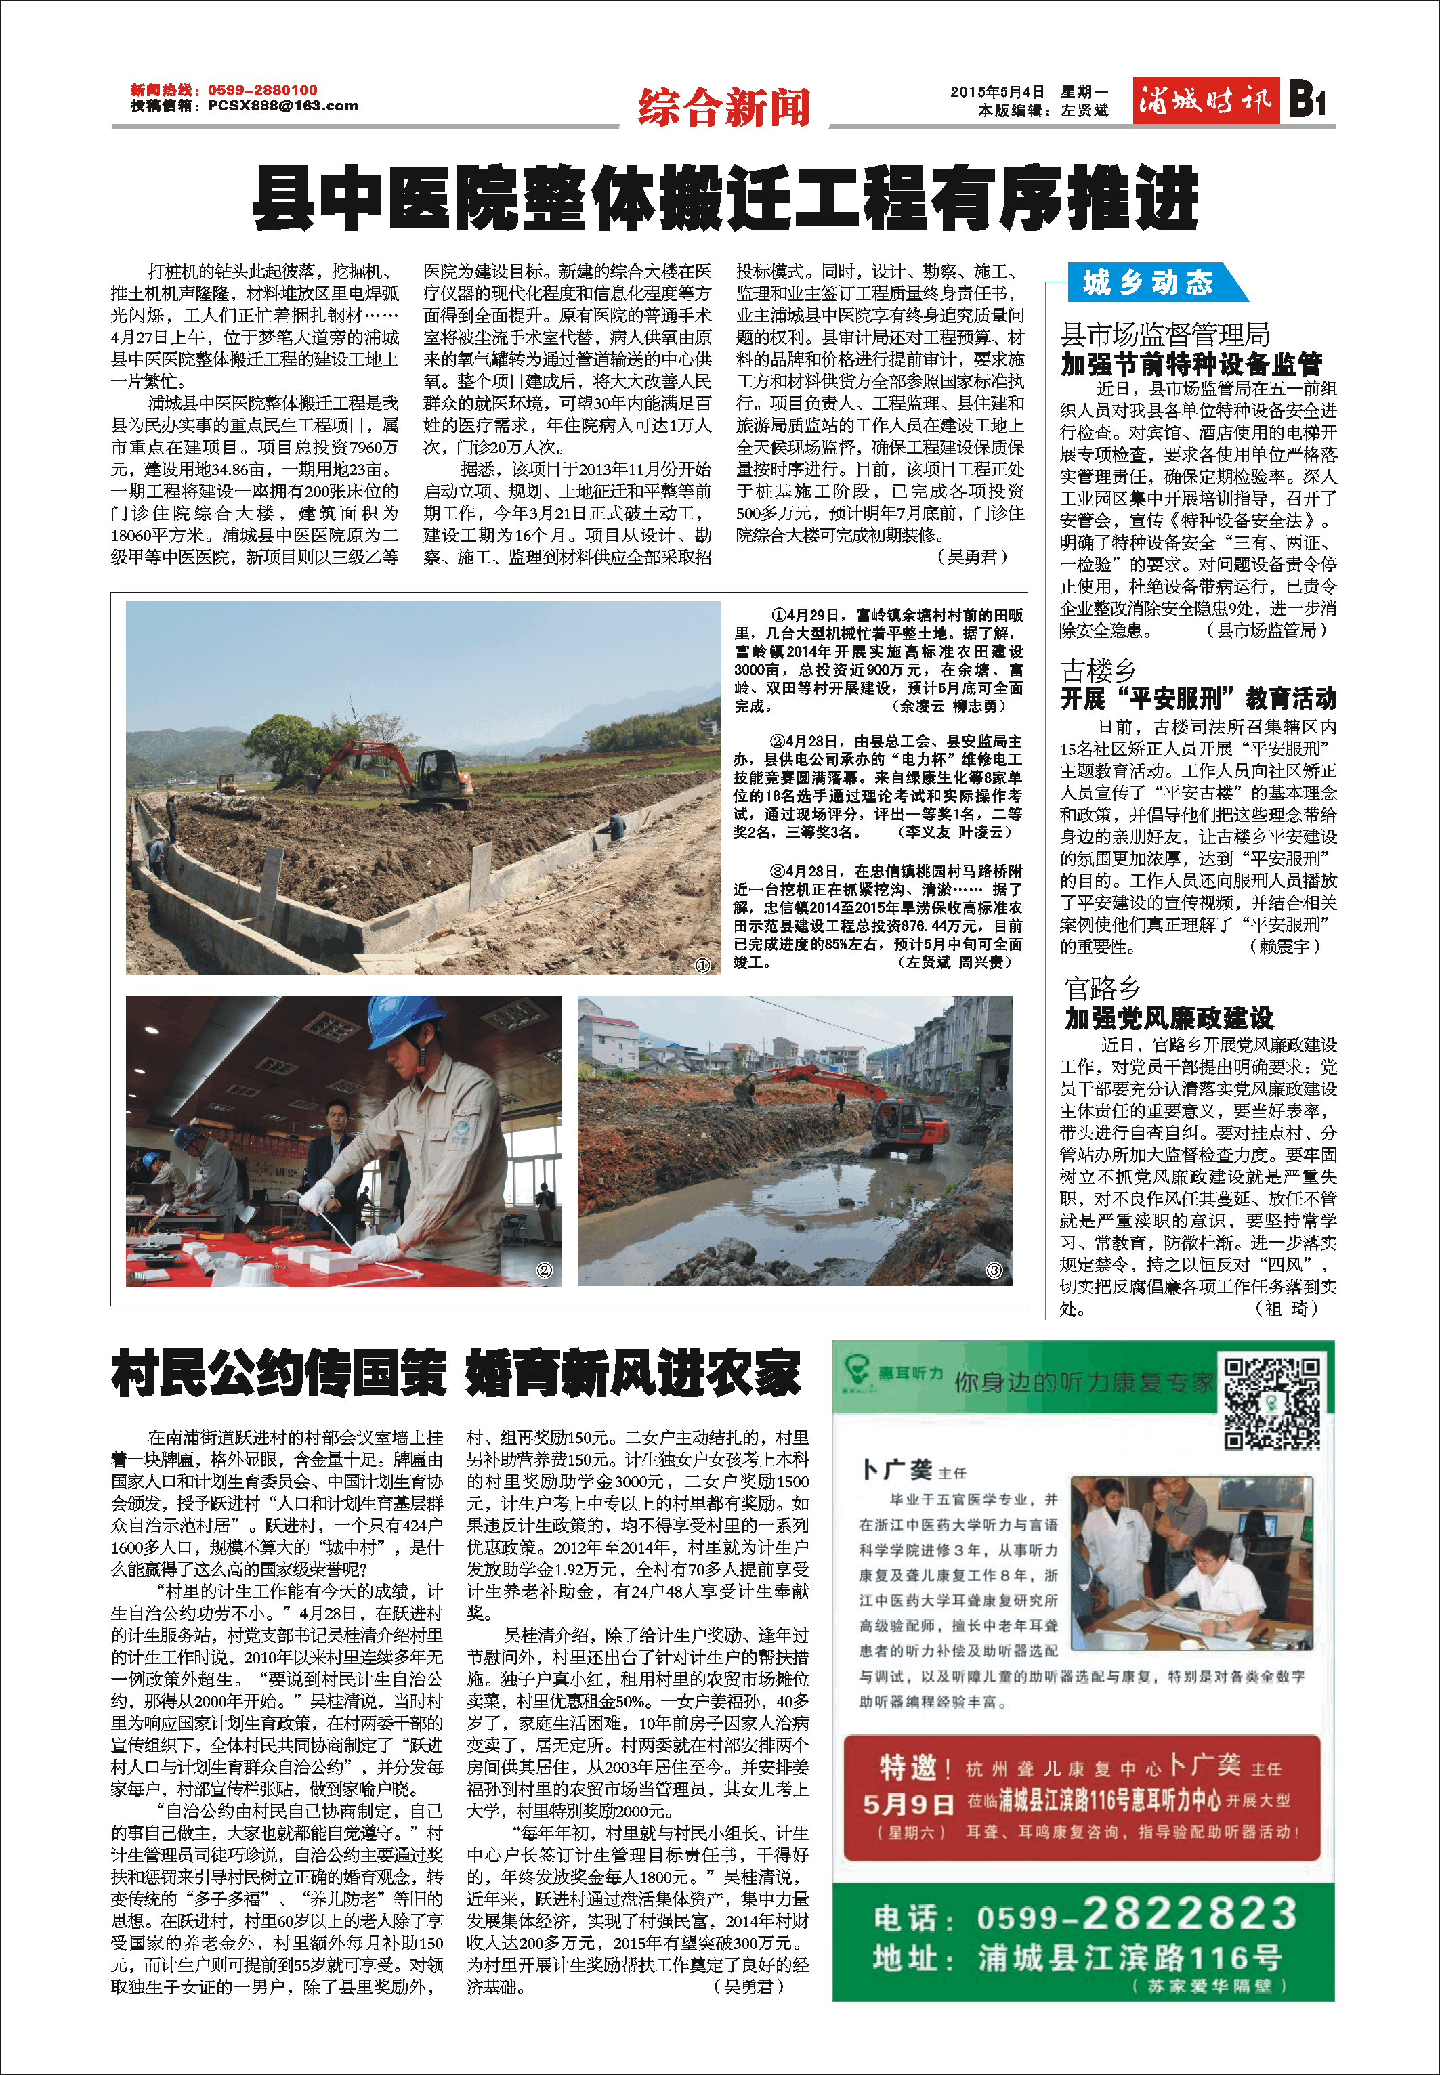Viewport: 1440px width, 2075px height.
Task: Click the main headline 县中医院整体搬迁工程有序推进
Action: (x=725, y=198)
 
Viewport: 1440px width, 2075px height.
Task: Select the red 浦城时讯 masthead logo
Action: (x=1206, y=100)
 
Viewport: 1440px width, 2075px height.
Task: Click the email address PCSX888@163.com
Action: (x=282, y=106)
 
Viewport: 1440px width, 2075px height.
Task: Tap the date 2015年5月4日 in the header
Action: (x=997, y=92)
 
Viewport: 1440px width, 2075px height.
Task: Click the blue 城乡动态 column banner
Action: (x=1147, y=282)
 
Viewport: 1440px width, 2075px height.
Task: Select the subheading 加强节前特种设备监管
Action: (x=1191, y=364)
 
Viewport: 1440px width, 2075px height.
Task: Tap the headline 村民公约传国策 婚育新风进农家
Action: (x=456, y=1374)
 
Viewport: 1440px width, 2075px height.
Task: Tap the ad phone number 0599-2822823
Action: (x=1136, y=1917)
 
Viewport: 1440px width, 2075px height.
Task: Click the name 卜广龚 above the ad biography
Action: (x=897, y=1470)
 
